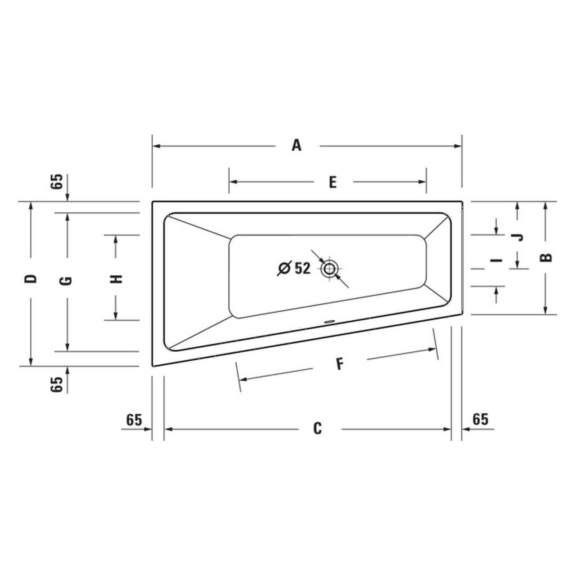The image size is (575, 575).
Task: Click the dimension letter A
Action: click(296, 146)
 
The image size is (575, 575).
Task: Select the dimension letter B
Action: click(546, 258)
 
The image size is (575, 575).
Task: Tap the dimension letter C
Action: click(318, 429)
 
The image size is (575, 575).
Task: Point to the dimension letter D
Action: click(31, 279)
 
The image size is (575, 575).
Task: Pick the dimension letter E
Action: click(332, 182)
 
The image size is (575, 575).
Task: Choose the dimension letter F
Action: click(340, 364)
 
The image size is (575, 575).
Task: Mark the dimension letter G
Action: click(66, 281)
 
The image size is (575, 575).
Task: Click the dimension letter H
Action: click(116, 279)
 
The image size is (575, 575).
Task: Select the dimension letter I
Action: click(497, 260)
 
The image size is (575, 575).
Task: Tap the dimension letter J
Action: click(518, 237)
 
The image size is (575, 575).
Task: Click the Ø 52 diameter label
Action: click(294, 268)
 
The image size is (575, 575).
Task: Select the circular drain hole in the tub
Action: click(330, 269)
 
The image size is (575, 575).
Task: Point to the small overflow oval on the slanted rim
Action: click(329, 322)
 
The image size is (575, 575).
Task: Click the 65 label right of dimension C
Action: click(480, 419)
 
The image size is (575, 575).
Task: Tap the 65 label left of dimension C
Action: click(134, 420)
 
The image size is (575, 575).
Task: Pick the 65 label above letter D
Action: click(57, 182)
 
